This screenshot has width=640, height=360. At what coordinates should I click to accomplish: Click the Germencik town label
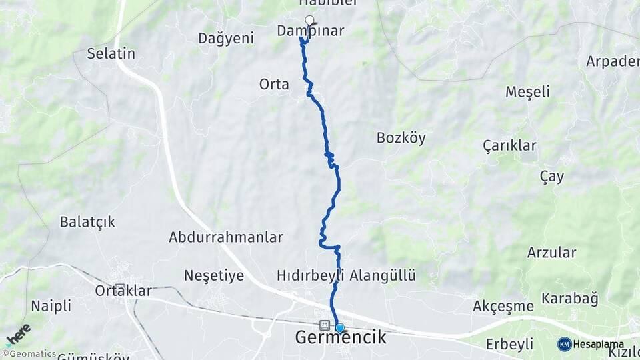point(341,338)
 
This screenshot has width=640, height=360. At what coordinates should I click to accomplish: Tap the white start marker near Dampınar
point(309,19)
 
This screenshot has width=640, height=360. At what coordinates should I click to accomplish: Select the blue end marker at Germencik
point(340,327)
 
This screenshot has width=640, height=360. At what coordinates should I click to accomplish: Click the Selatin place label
point(111,54)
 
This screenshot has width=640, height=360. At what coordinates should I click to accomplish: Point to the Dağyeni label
point(226,39)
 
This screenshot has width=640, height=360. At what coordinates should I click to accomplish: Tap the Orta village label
point(274,84)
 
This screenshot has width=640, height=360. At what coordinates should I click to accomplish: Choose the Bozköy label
point(401,138)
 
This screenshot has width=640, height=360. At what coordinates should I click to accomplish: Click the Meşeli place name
point(527,92)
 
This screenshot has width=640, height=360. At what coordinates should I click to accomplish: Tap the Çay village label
point(551,177)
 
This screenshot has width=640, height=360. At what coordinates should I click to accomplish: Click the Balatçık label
point(87,222)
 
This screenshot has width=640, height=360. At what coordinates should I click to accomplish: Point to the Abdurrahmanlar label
point(226,237)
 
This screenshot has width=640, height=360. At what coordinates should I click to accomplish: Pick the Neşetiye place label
point(214,275)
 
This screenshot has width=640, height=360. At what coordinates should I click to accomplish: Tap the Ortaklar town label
point(123,291)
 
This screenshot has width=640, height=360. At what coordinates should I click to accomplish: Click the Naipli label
point(51,306)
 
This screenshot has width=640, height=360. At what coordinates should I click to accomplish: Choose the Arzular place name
point(551,252)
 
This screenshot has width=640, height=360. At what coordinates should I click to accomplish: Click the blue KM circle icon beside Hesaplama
point(565,344)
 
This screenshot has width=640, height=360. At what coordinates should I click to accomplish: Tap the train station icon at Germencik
point(325,325)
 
